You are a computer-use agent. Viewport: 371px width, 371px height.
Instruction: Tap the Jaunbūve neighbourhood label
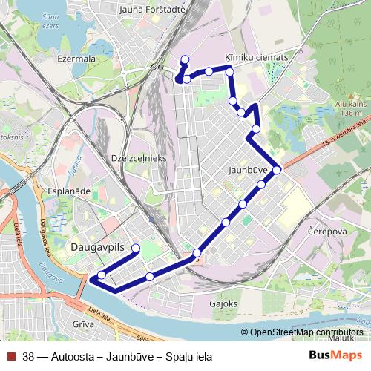(249, 171)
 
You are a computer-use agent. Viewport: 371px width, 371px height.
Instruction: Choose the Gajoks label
(223, 303)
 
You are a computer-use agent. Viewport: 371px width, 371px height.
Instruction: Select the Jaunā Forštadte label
(151, 10)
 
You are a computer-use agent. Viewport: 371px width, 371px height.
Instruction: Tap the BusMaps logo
(335, 355)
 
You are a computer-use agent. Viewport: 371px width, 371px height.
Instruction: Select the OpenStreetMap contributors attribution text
(306, 333)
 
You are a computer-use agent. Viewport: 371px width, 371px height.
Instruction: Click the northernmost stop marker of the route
(185, 59)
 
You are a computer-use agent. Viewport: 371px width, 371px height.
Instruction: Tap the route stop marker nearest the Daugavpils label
(136, 248)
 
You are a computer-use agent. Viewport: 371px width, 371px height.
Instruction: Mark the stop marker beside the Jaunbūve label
(277, 171)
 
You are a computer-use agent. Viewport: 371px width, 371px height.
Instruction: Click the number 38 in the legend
(28, 356)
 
